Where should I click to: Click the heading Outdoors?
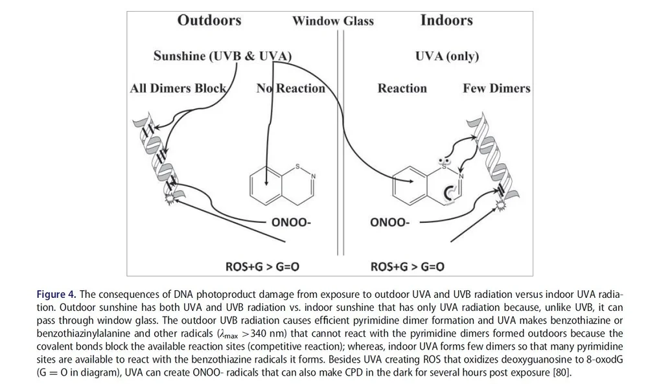coord(209,20)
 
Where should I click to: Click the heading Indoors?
coord(446,20)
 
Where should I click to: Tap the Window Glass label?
coord(332,21)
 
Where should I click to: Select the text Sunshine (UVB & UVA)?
coord(222,56)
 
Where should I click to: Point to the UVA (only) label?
coord(446,56)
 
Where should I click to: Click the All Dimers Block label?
coord(178,88)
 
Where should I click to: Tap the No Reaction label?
coord(291,88)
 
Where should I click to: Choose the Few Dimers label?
coord(496,88)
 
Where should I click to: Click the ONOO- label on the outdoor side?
coord(291,223)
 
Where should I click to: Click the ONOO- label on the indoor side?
coord(389,223)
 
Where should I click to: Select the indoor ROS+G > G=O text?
coord(407,265)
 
